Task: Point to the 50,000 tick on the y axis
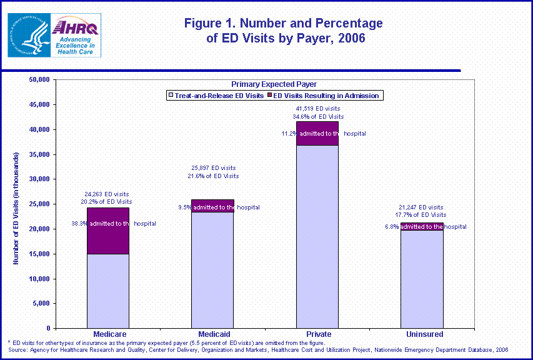tap(39, 80)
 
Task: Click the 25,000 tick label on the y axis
tap(39, 204)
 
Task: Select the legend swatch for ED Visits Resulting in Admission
tap(271, 96)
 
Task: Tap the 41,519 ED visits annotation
tap(318, 109)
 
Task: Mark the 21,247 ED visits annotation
tap(421, 207)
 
